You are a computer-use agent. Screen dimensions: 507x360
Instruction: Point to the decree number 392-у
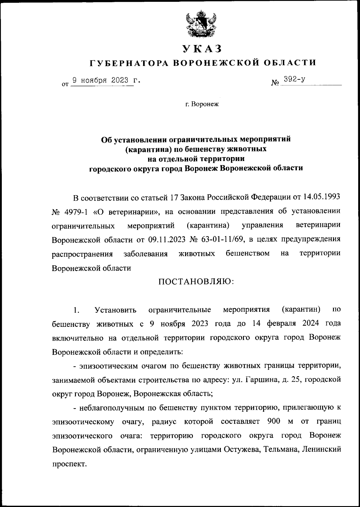(x=295, y=80)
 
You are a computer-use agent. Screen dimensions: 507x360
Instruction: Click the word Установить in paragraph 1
(x=115, y=309)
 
